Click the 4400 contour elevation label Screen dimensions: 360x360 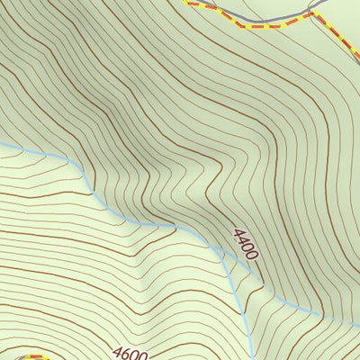pos(245,244)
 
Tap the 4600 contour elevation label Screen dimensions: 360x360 pos(130,354)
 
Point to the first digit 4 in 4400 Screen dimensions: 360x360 pos(238,233)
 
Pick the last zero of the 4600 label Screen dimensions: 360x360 pos(142,356)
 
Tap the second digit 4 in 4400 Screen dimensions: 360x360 pos(242,240)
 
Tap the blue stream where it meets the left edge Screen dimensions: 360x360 pos(3,144)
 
